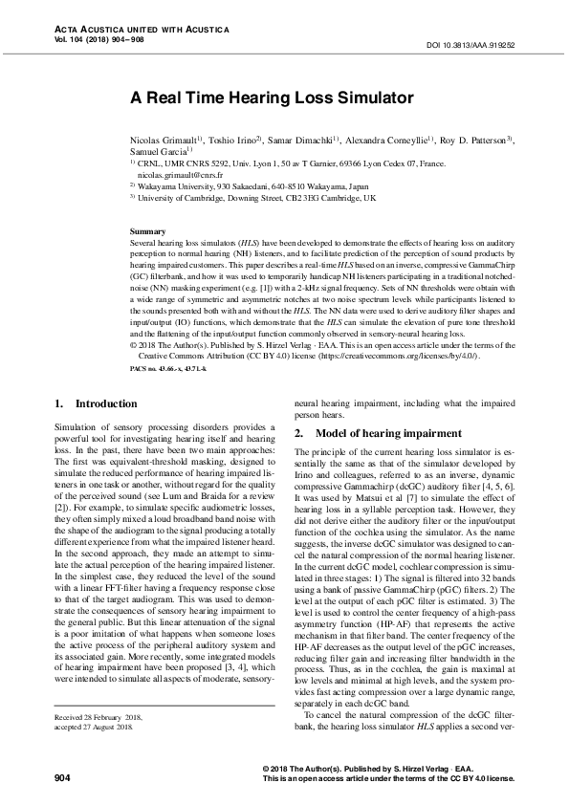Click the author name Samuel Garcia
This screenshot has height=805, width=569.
[158, 151]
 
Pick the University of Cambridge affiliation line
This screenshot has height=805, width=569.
[256, 198]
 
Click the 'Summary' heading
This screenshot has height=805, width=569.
[147, 232]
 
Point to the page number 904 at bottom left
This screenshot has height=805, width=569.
[63, 779]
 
